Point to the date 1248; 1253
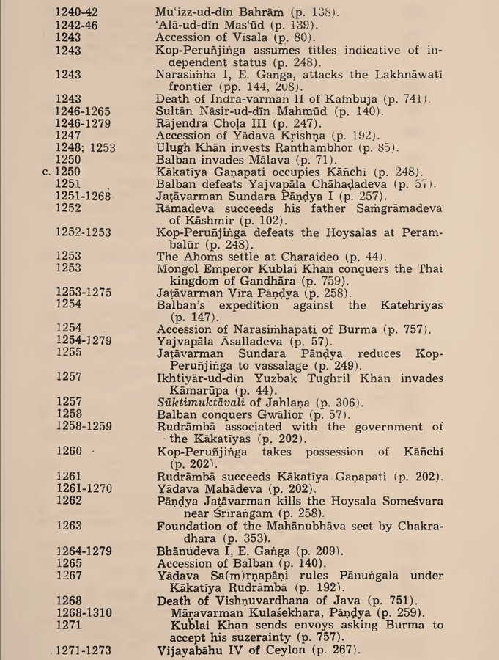click(x=86, y=147)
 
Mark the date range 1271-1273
click(x=84, y=650)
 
